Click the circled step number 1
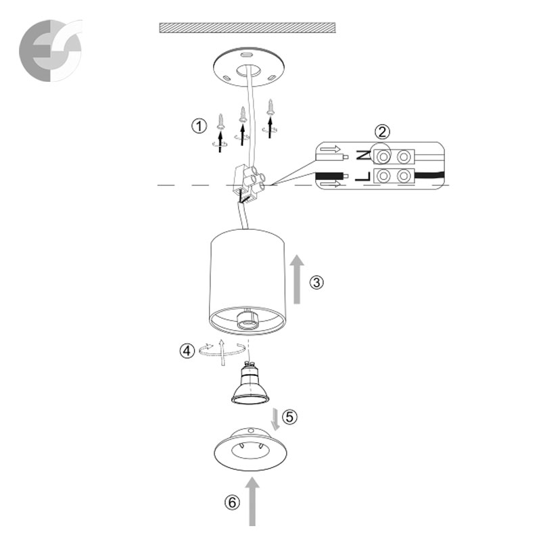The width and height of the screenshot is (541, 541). (x=199, y=126)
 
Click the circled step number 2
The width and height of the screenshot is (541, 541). (x=382, y=132)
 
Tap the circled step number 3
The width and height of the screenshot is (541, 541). (x=316, y=282)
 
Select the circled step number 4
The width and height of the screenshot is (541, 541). (x=187, y=351)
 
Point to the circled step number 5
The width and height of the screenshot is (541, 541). (x=290, y=417)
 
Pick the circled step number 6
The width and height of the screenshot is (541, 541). (x=232, y=502)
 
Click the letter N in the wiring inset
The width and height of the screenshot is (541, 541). (x=363, y=156)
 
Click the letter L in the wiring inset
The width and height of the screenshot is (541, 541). (x=362, y=177)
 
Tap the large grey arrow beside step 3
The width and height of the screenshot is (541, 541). (x=297, y=279)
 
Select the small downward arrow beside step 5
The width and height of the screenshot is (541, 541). (x=275, y=419)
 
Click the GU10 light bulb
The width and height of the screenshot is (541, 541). (x=250, y=383)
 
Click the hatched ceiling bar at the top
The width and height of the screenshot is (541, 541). (x=248, y=28)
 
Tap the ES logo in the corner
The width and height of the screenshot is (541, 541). (x=51, y=50)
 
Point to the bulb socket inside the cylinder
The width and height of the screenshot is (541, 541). (x=247, y=319)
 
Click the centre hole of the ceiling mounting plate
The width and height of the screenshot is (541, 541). (x=248, y=70)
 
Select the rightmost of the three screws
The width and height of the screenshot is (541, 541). (x=271, y=108)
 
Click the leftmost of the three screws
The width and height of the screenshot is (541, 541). (x=221, y=122)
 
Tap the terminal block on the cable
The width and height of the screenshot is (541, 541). (x=249, y=183)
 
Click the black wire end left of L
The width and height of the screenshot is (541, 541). (x=332, y=177)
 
